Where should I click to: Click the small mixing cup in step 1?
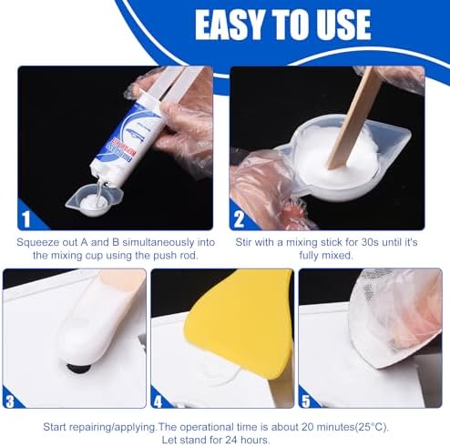(94, 201)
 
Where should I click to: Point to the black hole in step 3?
(78, 368)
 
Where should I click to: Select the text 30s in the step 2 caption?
(370, 242)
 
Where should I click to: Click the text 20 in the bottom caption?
(308, 427)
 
